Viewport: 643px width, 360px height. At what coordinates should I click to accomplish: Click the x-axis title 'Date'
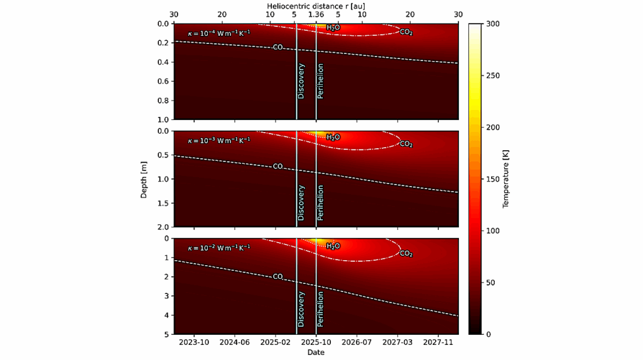[316, 352]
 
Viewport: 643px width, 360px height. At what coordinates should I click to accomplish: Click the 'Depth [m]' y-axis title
[144, 179]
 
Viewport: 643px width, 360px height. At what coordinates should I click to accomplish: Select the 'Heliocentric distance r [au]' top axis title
[316, 5]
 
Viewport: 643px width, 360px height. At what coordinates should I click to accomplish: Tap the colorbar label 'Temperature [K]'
[505, 179]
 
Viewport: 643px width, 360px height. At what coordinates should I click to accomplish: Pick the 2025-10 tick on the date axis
[316, 342]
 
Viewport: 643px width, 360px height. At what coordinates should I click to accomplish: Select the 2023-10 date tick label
[194, 342]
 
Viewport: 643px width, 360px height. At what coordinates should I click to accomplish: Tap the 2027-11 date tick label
[438, 342]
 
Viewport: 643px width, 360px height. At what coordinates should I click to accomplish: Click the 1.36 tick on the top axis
[316, 15]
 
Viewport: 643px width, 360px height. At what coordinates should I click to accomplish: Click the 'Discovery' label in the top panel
[301, 81]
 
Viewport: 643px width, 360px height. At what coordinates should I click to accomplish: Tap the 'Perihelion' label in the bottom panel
[320, 308]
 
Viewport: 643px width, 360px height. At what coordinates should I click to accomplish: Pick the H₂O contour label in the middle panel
[333, 137]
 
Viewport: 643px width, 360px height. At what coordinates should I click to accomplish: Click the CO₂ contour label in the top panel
[406, 32]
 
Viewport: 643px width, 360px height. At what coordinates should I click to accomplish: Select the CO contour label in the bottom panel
[278, 276]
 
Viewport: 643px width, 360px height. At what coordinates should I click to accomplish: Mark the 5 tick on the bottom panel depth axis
[166, 334]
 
